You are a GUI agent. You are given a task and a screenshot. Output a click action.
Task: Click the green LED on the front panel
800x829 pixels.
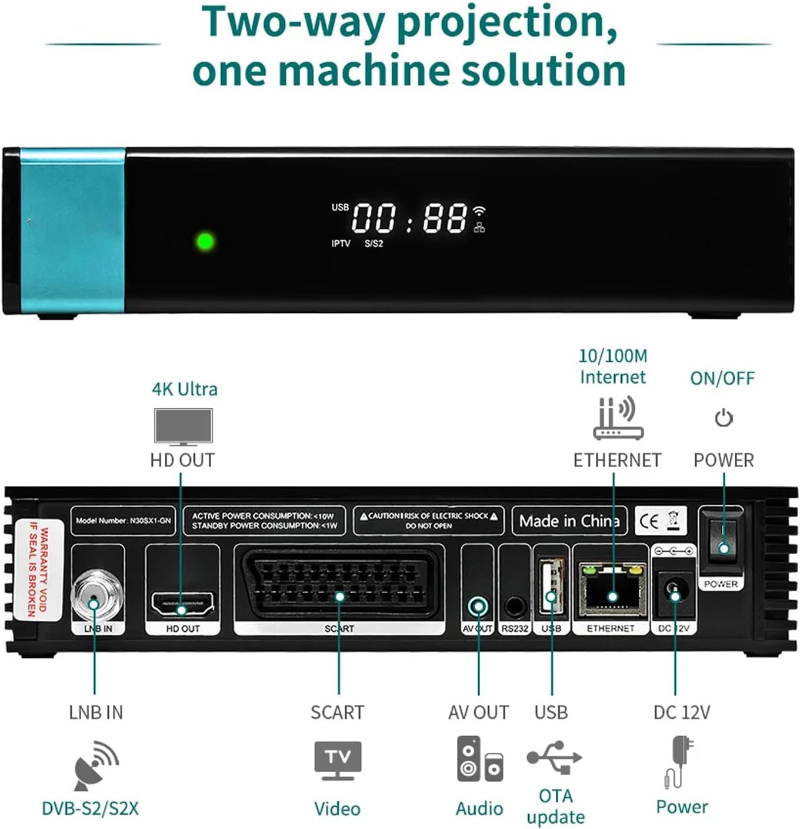205,241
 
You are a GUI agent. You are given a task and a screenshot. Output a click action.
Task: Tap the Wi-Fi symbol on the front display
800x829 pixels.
480,210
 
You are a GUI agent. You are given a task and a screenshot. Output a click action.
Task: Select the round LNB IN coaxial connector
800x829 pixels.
96,597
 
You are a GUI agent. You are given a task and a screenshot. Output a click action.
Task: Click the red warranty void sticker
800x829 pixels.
38,569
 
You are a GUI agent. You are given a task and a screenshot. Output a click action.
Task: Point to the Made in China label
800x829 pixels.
569,521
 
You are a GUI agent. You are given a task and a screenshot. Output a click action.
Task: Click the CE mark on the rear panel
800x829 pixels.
649,521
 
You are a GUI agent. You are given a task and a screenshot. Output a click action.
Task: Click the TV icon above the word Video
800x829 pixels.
338,760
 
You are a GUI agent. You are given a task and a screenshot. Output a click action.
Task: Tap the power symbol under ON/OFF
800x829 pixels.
724,418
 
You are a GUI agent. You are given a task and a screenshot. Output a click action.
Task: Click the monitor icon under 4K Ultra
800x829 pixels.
183,426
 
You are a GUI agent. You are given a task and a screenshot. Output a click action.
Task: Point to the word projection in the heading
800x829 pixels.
507,22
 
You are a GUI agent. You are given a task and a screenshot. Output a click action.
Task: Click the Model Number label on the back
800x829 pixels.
123,521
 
